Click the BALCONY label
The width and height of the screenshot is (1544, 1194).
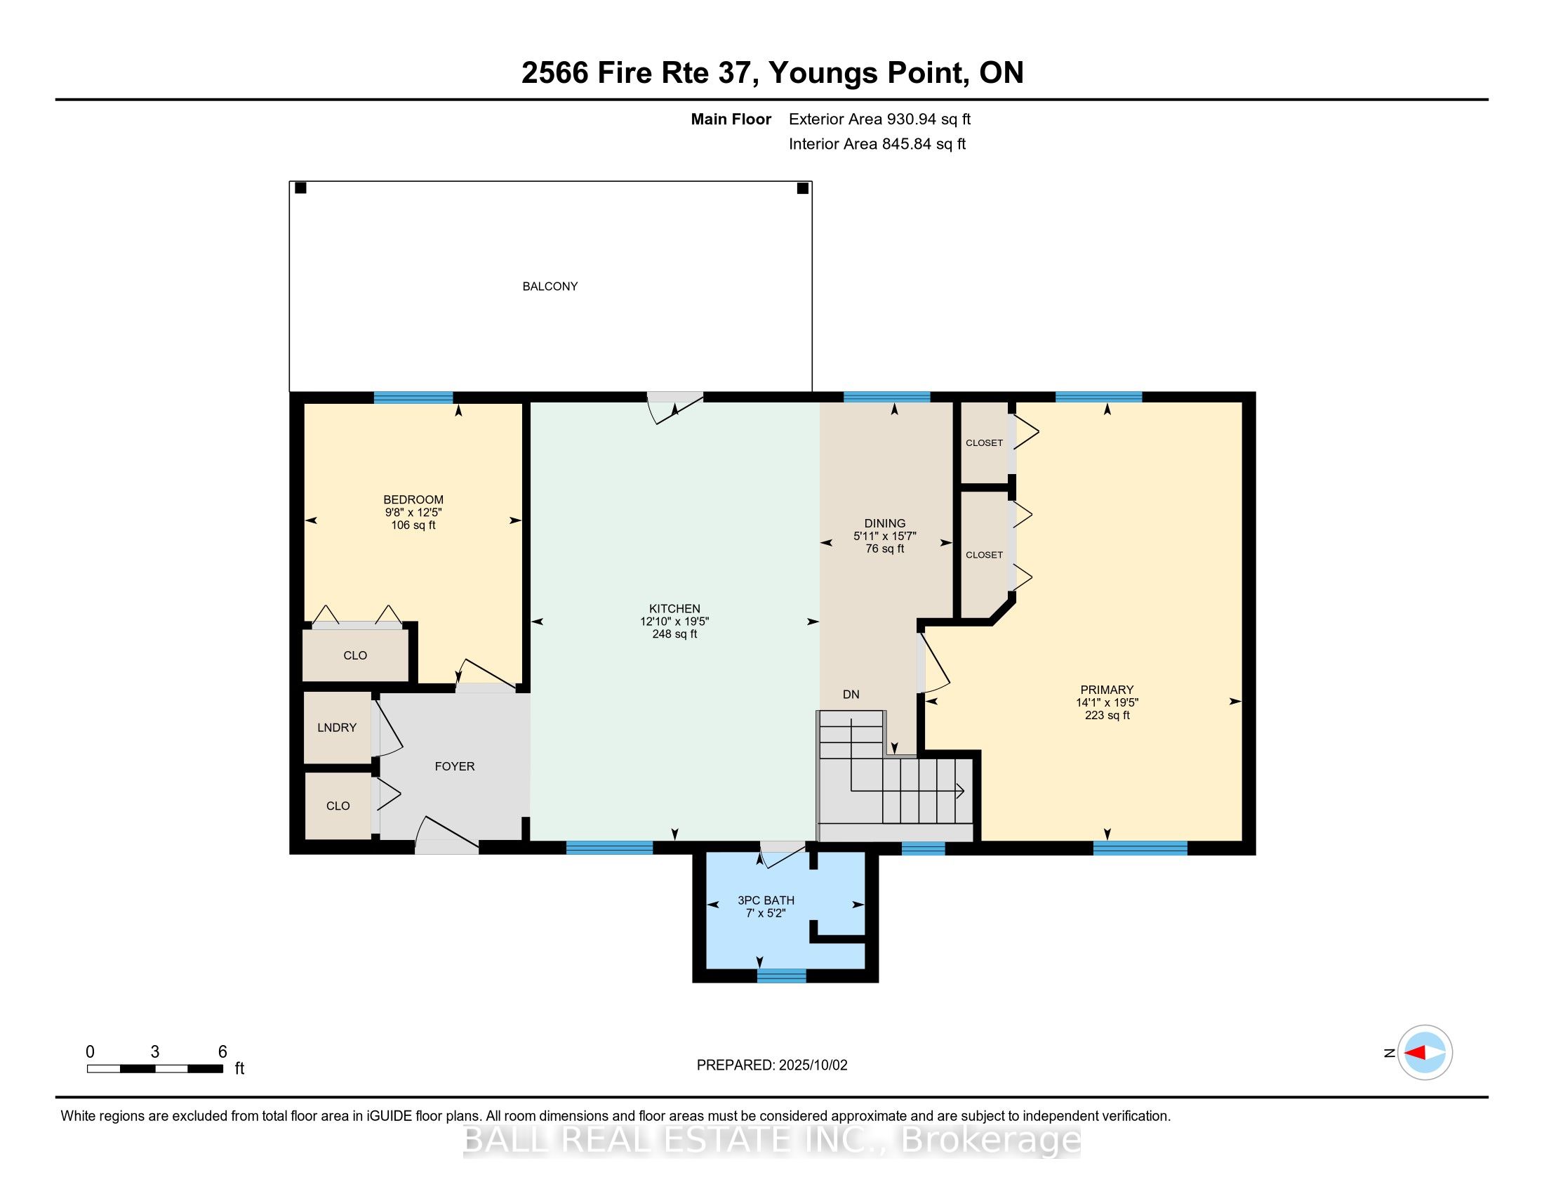click(x=550, y=287)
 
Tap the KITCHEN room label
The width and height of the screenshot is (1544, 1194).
click(x=674, y=608)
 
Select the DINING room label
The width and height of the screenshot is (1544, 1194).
click(x=884, y=523)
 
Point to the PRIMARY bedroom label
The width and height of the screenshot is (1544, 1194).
click(x=1106, y=690)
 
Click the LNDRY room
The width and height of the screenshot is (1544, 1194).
click(x=337, y=728)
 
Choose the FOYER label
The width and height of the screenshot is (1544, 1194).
click(x=455, y=766)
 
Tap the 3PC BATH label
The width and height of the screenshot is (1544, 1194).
click(x=766, y=900)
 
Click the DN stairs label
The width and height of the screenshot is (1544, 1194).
click(x=851, y=695)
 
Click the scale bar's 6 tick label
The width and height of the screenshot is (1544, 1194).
click(x=222, y=1052)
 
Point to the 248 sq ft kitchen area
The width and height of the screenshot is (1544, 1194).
click(x=674, y=634)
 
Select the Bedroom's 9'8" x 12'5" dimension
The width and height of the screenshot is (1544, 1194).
click(x=413, y=512)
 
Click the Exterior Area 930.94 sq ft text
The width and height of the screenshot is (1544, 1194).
click(x=879, y=119)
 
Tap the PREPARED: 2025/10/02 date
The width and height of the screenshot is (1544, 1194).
click(x=772, y=1065)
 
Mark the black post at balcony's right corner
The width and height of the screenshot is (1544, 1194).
click(x=802, y=188)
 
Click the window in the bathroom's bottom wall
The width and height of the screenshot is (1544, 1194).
click(x=781, y=976)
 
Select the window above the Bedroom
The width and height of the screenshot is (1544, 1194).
click(x=413, y=398)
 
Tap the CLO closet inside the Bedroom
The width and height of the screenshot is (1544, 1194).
click(x=356, y=656)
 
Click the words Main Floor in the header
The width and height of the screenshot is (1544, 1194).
click(x=731, y=119)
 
